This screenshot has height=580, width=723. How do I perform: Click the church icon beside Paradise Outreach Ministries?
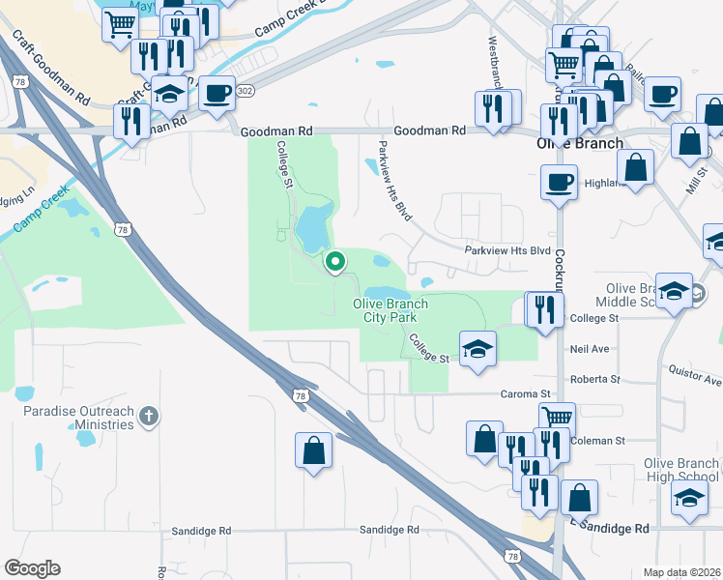tap(148, 417)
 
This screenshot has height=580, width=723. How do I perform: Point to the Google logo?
tap(31, 568)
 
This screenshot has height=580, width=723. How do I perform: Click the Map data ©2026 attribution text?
tap(681, 572)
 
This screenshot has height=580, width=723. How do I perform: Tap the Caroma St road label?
tap(524, 394)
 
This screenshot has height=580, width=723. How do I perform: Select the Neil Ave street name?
tap(589, 348)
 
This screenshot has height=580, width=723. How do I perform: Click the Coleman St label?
tap(599, 441)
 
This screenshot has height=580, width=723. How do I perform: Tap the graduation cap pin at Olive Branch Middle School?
tap(674, 290)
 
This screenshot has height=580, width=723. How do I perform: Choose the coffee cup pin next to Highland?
tap(559, 182)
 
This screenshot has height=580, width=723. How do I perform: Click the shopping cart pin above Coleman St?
tap(557, 418)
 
